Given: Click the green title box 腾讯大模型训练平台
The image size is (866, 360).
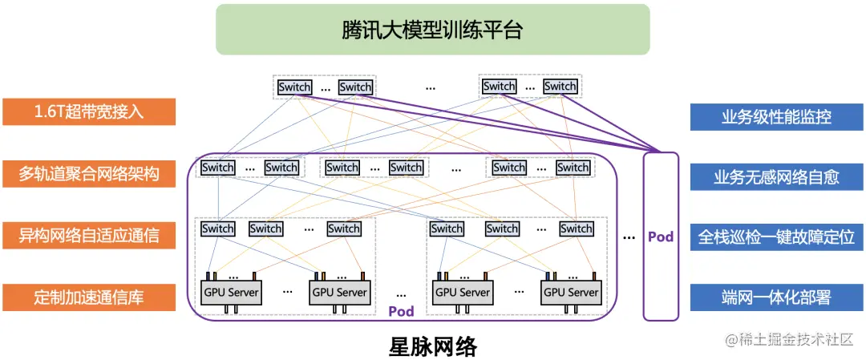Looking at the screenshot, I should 432,30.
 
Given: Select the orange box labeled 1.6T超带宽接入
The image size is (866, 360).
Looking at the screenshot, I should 89,112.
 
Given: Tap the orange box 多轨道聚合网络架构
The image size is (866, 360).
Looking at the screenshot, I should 89,173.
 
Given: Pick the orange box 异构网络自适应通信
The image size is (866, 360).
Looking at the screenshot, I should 89,235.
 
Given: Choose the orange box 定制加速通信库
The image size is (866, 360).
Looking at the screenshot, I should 89,297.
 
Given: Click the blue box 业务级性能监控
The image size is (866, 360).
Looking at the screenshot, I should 776,116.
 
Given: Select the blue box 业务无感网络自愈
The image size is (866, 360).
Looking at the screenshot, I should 776,176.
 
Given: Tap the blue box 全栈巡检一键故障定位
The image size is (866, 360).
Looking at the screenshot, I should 776,237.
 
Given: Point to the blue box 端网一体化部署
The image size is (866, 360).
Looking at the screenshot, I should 776,297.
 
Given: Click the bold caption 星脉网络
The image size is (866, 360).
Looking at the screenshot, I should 432,346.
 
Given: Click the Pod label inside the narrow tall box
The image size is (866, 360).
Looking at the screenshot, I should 661,237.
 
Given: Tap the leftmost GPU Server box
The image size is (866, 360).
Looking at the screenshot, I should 231,292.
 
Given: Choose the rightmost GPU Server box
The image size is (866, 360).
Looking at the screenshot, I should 571,292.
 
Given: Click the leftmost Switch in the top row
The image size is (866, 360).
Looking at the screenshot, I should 294,87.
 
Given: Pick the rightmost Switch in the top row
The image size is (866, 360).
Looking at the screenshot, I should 560,87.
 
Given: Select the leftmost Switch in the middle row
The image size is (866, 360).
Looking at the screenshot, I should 218,168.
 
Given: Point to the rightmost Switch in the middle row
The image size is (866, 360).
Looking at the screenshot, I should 573,168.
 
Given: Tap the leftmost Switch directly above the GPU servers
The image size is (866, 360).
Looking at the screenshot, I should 218,229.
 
